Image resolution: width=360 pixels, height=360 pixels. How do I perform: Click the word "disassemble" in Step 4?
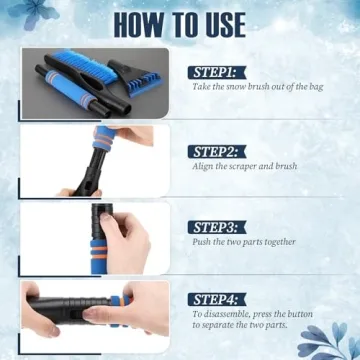pyautogui.click(x=225, y=313)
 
